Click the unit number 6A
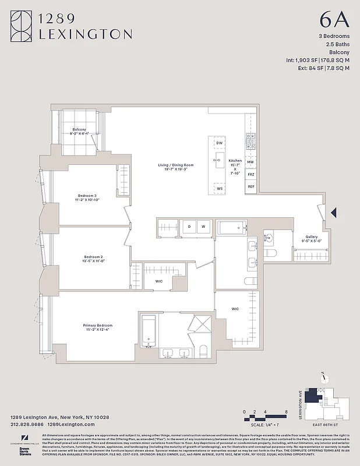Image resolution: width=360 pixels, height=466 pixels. coord(334,20)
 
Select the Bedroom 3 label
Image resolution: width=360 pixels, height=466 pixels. coord(87,197)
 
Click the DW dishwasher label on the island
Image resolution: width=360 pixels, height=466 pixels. coord(219,143)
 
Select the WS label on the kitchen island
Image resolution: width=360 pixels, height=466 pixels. coord(219,189)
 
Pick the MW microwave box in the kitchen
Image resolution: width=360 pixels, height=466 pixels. coord(250,162)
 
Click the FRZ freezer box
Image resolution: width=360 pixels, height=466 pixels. coord(250,174)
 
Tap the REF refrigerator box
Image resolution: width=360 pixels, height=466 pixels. coord(250,186)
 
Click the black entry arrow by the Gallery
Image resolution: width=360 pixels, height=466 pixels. coord(334,213)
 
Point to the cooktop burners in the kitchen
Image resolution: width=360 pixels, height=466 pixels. coord(250,141)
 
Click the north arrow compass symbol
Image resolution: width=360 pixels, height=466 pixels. coord(321,376)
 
